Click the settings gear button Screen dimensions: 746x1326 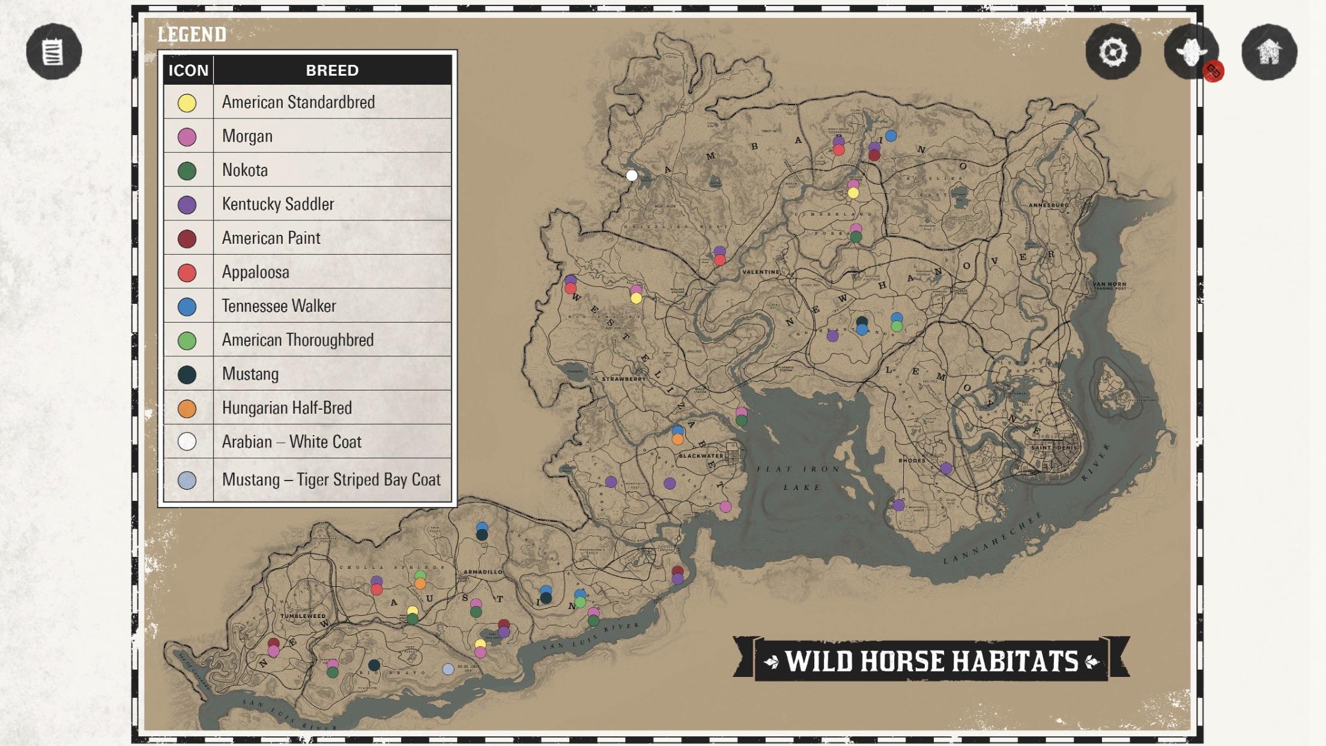[x=1113, y=52]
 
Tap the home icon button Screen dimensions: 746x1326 [x=1269, y=52]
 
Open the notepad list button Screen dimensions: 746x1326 [x=53, y=52]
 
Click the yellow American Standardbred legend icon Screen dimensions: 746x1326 [x=187, y=103]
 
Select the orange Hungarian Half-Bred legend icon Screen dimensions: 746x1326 [x=187, y=408]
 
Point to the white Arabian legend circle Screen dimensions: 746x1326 [x=187, y=442]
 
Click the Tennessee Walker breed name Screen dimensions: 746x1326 [x=279, y=306]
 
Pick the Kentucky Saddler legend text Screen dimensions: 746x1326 [x=277, y=204]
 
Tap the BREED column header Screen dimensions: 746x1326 [x=332, y=70]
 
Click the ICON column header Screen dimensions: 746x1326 [x=188, y=70]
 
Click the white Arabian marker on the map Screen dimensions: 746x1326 [x=632, y=175]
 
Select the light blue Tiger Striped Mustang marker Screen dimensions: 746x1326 [x=448, y=669]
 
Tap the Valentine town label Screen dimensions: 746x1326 [x=760, y=272]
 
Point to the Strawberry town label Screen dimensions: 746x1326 [x=623, y=379]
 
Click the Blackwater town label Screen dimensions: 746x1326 [x=701, y=456]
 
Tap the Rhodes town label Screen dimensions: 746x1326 [x=912, y=461]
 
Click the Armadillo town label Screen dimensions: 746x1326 [x=483, y=572]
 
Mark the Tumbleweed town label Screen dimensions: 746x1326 [x=303, y=616]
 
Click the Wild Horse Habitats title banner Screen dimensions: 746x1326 [x=931, y=661]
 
